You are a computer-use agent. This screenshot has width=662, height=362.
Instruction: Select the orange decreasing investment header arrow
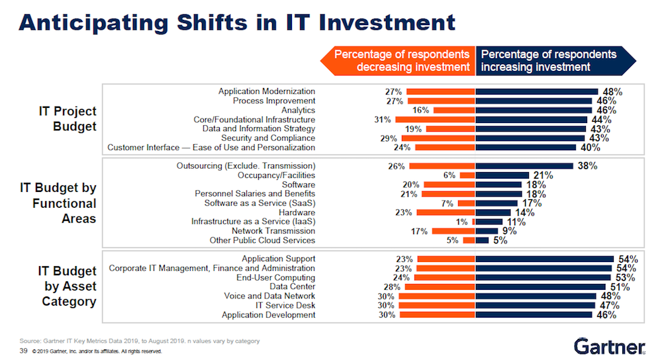point(397,60)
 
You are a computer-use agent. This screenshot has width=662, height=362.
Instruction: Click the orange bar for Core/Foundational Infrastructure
point(435,119)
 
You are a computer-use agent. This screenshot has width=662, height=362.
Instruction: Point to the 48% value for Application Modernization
point(608,91)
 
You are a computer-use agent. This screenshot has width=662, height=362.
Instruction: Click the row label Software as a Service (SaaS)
point(260,203)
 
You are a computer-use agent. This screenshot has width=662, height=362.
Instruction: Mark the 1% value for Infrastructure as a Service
point(461,222)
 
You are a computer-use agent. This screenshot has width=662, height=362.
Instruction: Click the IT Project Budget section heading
point(68,119)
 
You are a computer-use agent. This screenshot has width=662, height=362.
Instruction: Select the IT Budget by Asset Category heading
point(68,287)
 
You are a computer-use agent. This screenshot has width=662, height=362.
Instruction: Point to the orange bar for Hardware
point(446,212)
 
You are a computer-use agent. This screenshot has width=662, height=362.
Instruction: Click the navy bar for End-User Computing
point(543,277)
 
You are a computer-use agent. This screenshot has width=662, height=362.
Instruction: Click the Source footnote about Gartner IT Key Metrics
point(139,341)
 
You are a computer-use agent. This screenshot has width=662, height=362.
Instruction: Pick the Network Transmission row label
point(273,231)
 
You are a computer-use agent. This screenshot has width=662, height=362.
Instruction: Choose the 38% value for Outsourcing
point(587,166)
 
